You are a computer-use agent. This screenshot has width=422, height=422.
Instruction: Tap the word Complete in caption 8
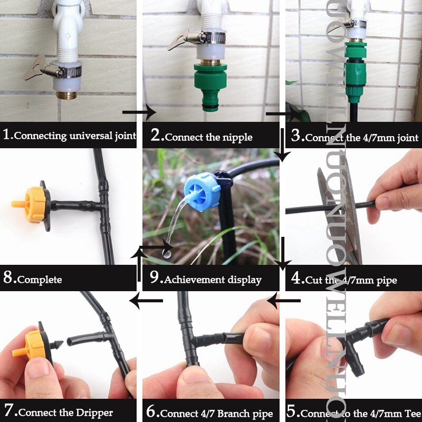point(40,280)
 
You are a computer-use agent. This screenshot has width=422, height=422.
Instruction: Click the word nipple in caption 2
point(237,137)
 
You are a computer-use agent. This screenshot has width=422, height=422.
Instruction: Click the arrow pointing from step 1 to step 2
point(139,112)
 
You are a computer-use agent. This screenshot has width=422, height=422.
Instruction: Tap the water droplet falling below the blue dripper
point(167,254)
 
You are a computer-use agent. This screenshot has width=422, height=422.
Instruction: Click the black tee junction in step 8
point(102,204)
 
